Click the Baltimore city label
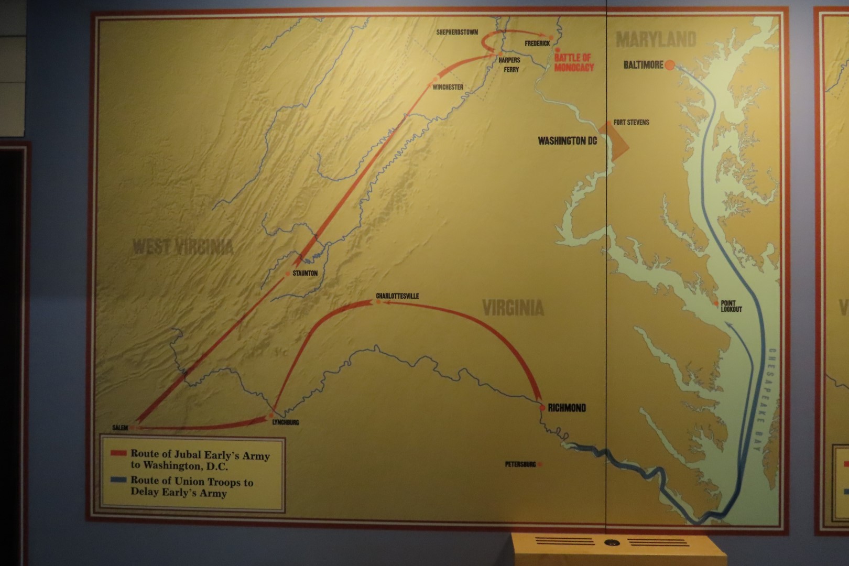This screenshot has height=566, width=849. [x=643, y=65]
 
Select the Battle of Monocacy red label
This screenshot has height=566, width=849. [x=574, y=62]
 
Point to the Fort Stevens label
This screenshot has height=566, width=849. [x=631, y=123]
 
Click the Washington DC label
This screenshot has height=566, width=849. [x=567, y=141]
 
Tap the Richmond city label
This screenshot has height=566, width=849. [x=567, y=408]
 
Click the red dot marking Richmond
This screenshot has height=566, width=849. [x=542, y=408]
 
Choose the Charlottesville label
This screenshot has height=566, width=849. [x=397, y=296]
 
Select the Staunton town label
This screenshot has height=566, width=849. [x=305, y=274]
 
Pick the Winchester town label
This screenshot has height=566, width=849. [x=448, y=88]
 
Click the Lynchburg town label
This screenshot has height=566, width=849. [x=286, y=422]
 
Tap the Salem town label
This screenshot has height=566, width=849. [x=120, y=428]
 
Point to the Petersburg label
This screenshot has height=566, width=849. [x=520, y=464]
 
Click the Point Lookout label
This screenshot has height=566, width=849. [x=731, y=306]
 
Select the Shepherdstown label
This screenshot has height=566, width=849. [x=457, y=32]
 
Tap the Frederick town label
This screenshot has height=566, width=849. [x=537, y=43]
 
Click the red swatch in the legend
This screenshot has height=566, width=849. [x=118, y=453]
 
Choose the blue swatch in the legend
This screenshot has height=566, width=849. [x=118, y=480]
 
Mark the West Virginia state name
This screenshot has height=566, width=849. [x=182, y=247]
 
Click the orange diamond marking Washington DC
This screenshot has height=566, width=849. [x=613, y=139]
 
